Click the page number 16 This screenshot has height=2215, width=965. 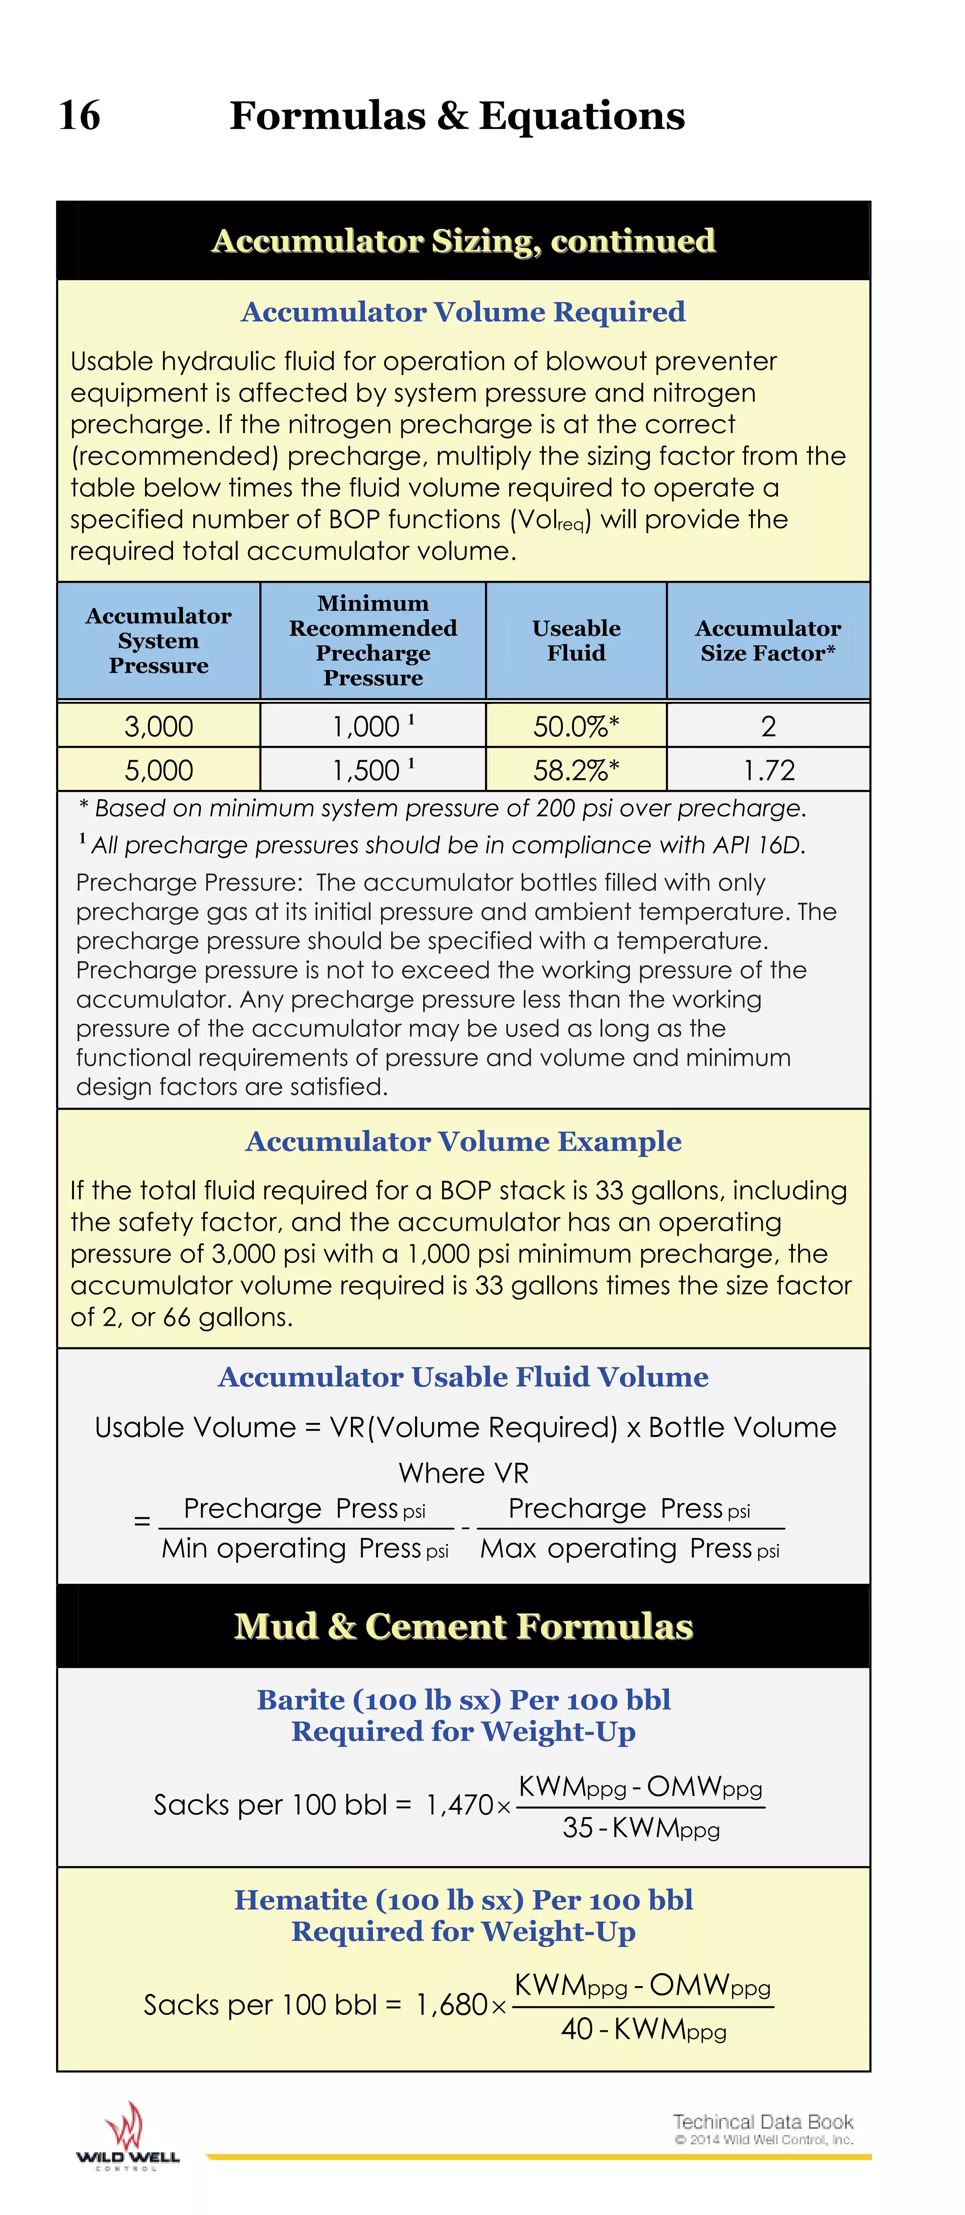pyautogui.click(x=79, y=115)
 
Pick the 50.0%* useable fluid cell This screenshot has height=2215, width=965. pyautogui.click(x=575, y=727)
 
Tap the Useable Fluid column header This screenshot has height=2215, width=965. pyautogui.click(x=575, y=641)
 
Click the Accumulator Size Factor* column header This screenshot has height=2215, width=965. pyautogui.click(x=768, y=641)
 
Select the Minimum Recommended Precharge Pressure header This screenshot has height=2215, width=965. pyautogui.click(x=372, y=641)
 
